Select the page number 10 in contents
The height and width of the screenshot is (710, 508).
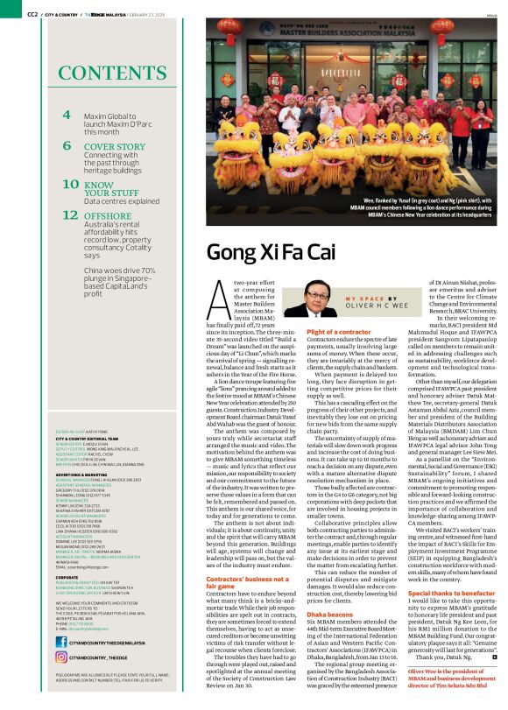(x=70, y=184)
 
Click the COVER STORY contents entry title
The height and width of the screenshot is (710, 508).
(x=115, y=147)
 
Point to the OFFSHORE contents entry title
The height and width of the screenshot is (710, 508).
(x=108, y=214)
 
